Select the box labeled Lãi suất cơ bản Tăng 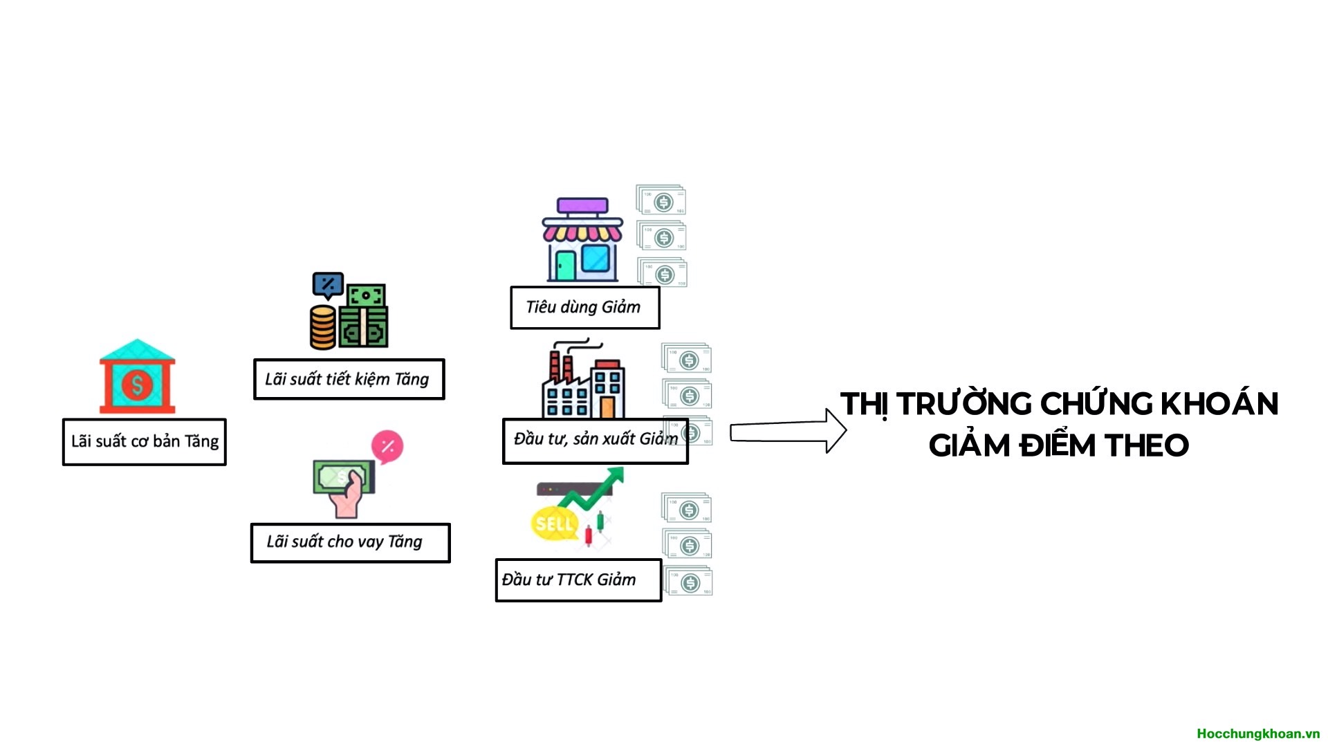pyautogui.click(x=145, y=442)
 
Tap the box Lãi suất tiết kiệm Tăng pyautogui.click(x=349, y=379)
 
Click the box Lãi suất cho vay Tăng pyautogui.click(x=350, y=542)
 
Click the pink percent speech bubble pyautogui.click(x=387, y=447)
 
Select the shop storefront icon pyautogui.click(x=582, y=240)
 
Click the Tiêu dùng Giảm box pyautogui.click(x=584, y=308)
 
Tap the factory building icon pyautogui.click(x=583, y=382)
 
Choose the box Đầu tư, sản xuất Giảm pyautogui.click(x=595, y=441)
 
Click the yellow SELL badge pyautogui.click(x=553, y=524)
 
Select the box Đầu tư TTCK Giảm pyautogui.click(x=578, y=580)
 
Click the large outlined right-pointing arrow pyautogui.click(x=788, y=431)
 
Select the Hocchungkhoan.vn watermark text pyautogui.click(x=1257, y=733)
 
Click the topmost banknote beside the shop pyautogui.click(x=661, y=200)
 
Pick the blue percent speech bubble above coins pyautogui.click(x=328, y=284)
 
